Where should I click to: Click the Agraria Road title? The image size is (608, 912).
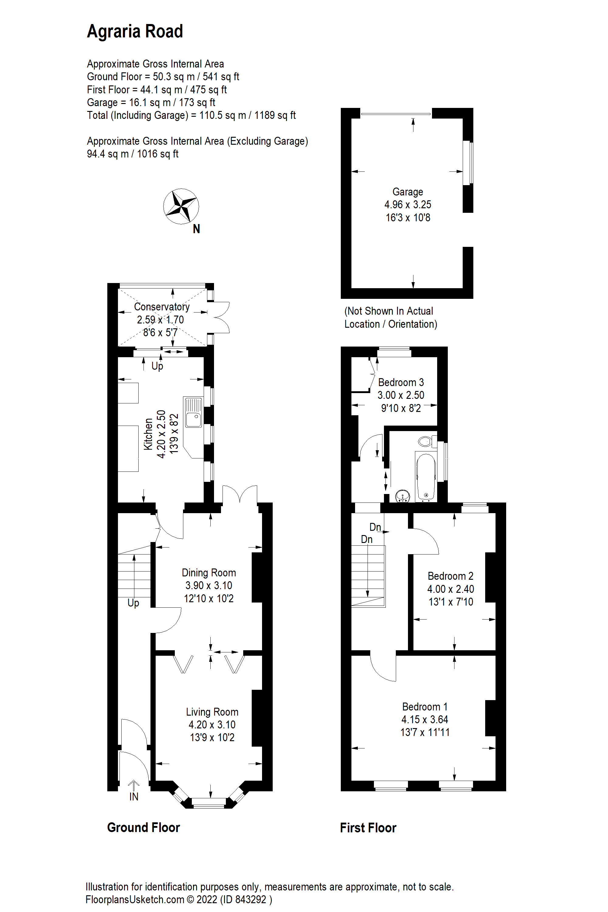coord(135,31)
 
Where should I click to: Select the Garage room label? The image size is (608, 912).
coord(408,192)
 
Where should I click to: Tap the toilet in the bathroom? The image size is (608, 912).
coord(426,441)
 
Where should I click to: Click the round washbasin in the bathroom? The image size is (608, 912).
coord(403,496)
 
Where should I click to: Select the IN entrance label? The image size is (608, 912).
coord(134,797)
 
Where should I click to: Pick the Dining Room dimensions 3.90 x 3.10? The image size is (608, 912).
coord(209,586)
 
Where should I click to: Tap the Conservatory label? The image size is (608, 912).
coord(162,307)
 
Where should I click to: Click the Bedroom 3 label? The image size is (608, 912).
coord(401,382)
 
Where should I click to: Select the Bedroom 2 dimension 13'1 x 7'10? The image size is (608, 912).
coord(451,602)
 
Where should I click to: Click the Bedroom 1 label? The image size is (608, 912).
coord(425,706)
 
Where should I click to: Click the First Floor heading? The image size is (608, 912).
coord(368,828)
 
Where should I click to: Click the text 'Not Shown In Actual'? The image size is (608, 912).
coord(389,311)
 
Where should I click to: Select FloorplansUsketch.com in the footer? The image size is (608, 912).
coord(135,900)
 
